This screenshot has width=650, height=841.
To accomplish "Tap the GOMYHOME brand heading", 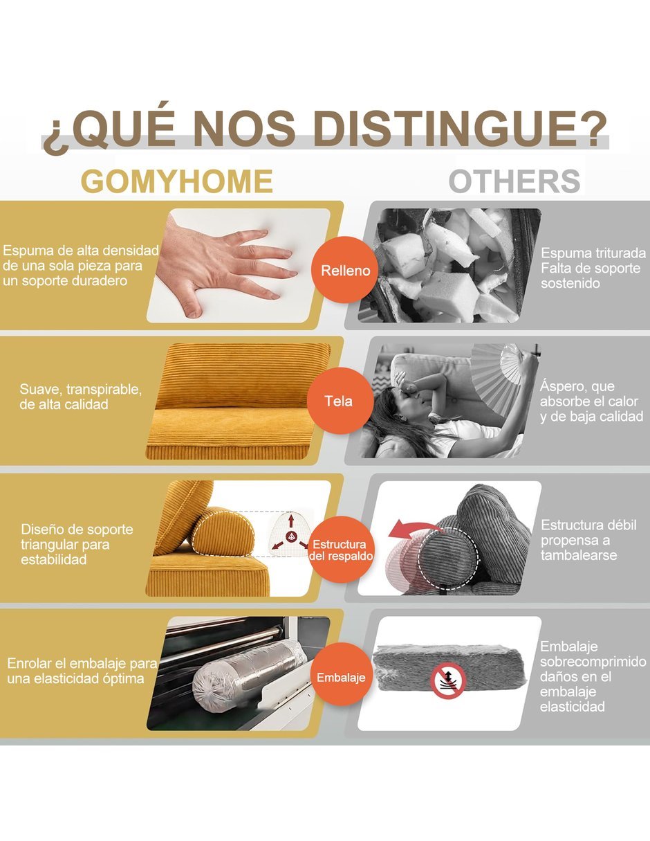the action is (x=177, y=181).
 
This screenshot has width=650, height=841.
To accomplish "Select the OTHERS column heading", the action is (x=514, y=181).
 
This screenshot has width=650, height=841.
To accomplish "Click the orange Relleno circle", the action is (x=345, y=270).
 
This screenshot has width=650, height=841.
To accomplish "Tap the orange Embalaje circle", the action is (x=341, y=677).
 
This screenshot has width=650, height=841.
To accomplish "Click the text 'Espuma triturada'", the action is (x=593, y=253).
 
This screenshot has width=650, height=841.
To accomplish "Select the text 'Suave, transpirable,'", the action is (x=81, y=389).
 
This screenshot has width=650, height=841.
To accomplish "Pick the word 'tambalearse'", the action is (x=579, y=555).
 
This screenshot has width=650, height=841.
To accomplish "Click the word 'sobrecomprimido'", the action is (x=593, y=662).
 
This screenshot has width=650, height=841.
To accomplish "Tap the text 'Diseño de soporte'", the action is (x=77, y=529).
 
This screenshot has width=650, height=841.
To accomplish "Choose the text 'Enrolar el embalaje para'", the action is (x=82, y=663).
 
